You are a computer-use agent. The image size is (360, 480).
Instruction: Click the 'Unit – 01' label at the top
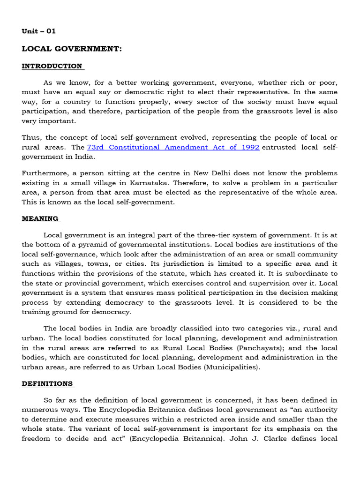coord(38,31)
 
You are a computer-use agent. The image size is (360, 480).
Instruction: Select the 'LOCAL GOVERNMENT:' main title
coord(72,49)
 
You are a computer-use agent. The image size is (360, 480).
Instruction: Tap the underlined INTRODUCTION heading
coord(52,66)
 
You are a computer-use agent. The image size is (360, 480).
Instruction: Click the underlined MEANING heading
coord(40,218)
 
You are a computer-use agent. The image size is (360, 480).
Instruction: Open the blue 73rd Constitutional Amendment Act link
coord(173,147)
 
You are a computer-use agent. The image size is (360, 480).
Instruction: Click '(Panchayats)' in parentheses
coord(260,348)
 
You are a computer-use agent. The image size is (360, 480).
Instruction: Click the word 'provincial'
coord(72,283)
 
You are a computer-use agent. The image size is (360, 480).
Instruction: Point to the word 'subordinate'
coord(304,274)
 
